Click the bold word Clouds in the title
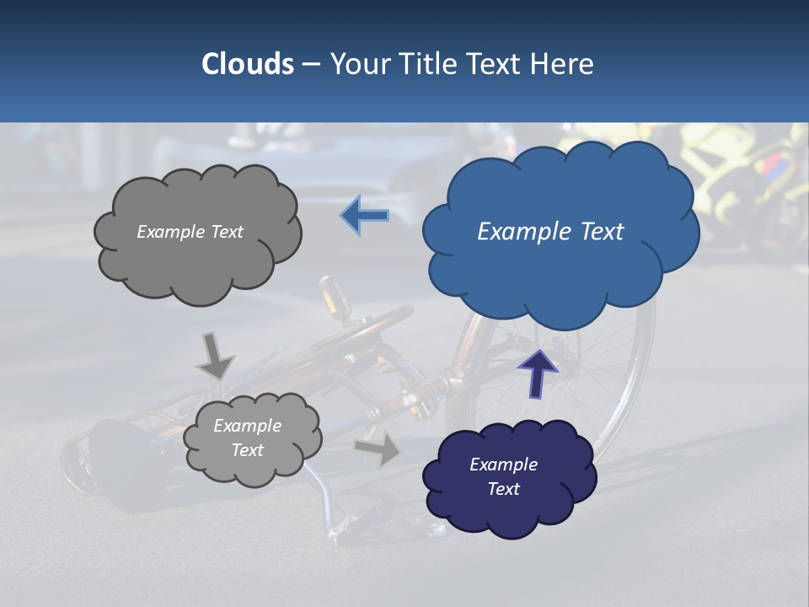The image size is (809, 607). click(x=248, y=64)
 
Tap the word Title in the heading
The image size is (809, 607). click(x=430, y=64)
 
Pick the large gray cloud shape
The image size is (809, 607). click(x=198, y=261)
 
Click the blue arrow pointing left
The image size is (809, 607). click(x=365, y=215)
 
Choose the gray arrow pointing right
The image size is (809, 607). click(x=378, y=449)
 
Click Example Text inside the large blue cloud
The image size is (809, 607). click(x=550, y=232)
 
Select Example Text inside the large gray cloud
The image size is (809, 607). click(x=190, y=232)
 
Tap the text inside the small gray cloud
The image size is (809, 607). click(x=247, y=438)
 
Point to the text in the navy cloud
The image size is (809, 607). click(x=503, y=476)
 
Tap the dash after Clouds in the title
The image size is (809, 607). click(x=310, y=64)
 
